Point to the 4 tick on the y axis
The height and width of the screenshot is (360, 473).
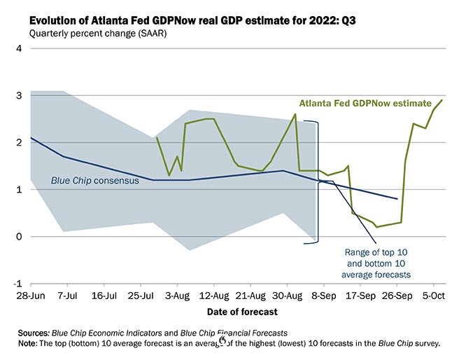point(20,48)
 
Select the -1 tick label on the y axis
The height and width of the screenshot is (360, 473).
point(18,284)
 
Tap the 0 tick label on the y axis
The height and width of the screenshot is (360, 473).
point(20,237)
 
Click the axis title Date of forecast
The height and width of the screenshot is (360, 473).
point(241,312)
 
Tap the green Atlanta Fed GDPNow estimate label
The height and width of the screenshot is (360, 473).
point(361,103)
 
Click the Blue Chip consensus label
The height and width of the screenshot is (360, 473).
point(95,180)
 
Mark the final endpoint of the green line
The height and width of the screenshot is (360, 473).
point(442,100)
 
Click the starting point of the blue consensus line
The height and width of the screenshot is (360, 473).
point(30,138)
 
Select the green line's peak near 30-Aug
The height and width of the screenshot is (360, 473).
point(295,114)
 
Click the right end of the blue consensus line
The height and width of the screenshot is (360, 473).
point(397,199)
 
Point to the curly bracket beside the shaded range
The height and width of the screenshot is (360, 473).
point(318,182)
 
